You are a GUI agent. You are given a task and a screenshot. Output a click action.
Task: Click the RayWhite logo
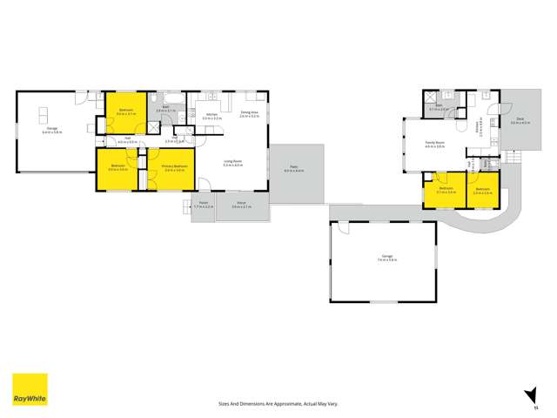coord(30,389)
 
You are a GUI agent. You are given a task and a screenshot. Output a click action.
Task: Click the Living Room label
coord(232,163)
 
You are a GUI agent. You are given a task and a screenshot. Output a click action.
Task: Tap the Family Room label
coord(434,145)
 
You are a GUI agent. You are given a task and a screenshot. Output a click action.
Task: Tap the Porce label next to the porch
coord(241,206)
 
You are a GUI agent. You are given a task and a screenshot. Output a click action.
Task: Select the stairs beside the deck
coord(512,158)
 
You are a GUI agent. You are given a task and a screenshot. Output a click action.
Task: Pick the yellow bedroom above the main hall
coord(126,111)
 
